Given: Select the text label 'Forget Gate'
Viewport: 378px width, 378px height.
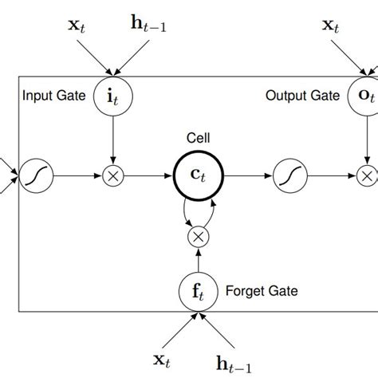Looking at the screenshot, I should tap(262, 291).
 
